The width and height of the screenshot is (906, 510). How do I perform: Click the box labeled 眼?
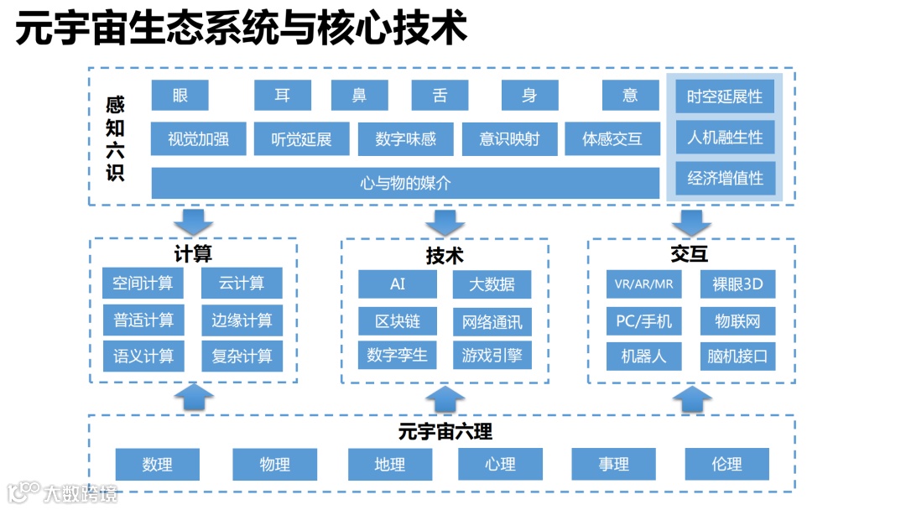tap(180, 95)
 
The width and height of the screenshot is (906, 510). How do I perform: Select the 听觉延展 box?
tap(301, 139)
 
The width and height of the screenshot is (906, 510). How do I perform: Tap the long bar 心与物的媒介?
tap(405, 183)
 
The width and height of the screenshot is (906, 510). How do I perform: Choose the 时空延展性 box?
tap(725, 96)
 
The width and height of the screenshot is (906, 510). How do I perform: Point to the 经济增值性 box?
tap(725, 178)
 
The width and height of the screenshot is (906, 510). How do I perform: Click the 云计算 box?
tap(242, 284)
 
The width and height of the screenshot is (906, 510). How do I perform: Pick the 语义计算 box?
tap(143, 356)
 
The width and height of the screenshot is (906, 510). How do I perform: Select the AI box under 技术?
tap(398, 284)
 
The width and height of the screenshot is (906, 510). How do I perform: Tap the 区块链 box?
tap(398, 320)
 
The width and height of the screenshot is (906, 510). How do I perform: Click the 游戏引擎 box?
tap(492, 356)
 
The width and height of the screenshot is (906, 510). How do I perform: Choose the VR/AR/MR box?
tap(643, 284)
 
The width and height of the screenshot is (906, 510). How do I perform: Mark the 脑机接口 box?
tap(737, 356)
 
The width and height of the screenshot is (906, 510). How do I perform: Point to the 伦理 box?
tap(726, 464)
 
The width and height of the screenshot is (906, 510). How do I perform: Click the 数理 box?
tap(157, 464)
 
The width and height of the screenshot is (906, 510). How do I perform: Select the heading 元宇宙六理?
tap(445, 432)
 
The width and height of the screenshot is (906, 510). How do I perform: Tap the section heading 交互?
tap(690, 254)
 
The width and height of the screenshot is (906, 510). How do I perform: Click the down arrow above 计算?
tap(193, 221)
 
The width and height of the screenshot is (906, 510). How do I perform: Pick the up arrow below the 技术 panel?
tap(445, 398)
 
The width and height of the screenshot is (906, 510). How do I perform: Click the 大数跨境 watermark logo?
tap(63, 492)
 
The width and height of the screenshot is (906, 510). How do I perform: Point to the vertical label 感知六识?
tap(115, 139)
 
